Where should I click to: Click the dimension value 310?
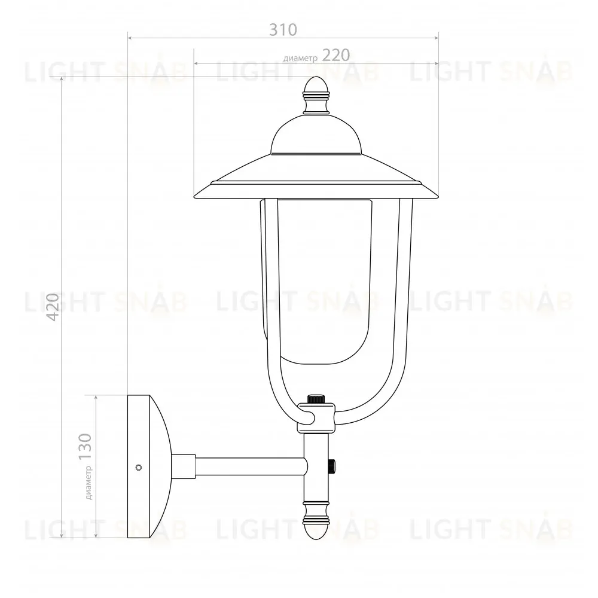coord(283,29)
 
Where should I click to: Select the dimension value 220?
coord(336,55)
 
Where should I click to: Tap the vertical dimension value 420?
coord(53,307)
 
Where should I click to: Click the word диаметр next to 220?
coord(301,59)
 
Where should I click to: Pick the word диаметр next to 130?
coord(89,483)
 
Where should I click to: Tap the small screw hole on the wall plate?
coord(139,467)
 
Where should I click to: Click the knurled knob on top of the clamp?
coord(316,399)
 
